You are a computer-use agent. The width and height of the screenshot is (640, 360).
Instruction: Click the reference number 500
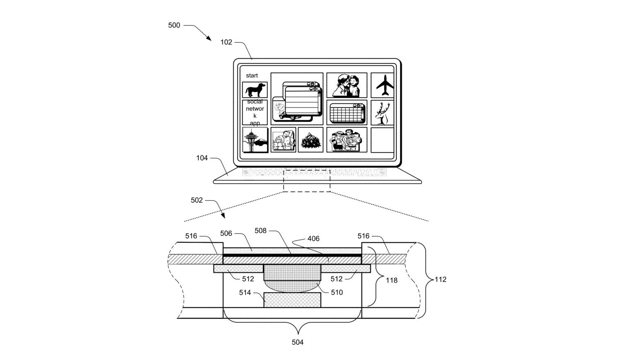point(174,25)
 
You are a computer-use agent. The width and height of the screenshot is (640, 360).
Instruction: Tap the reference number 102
point(226,42)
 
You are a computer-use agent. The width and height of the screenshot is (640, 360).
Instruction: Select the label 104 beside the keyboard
point(202,158)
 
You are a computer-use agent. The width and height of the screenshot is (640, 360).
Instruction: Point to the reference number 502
point(197,201)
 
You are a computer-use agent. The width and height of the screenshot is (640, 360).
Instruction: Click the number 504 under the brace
point(298,342)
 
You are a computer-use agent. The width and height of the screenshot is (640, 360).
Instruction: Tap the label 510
point(337,292)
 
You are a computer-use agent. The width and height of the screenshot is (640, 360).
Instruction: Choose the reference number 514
point(245,292)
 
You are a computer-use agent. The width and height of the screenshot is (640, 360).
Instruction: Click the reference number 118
point(392,281)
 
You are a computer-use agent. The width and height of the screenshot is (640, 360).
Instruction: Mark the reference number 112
point(440,280)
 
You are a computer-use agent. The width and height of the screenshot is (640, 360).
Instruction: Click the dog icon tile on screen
point(255,90)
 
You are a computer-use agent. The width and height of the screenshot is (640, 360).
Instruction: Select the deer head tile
point(383,113)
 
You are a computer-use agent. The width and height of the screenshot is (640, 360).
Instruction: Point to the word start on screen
point(252,75)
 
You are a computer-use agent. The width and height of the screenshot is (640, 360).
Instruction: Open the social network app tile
point(255,112)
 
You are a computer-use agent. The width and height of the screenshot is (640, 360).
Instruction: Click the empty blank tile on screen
point(382,140)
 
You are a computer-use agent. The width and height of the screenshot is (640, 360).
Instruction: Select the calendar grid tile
point(347,112)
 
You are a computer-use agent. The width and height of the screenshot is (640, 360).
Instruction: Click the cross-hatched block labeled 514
point(292,300)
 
